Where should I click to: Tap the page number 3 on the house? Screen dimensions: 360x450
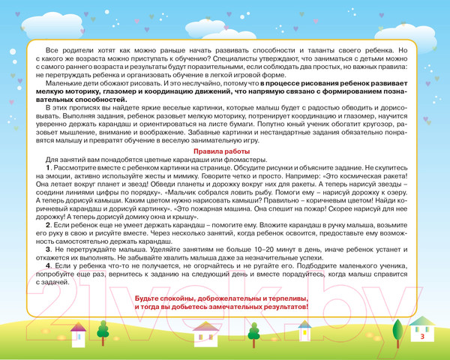[423, 337]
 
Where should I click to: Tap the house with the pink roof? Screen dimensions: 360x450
[205, 333]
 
